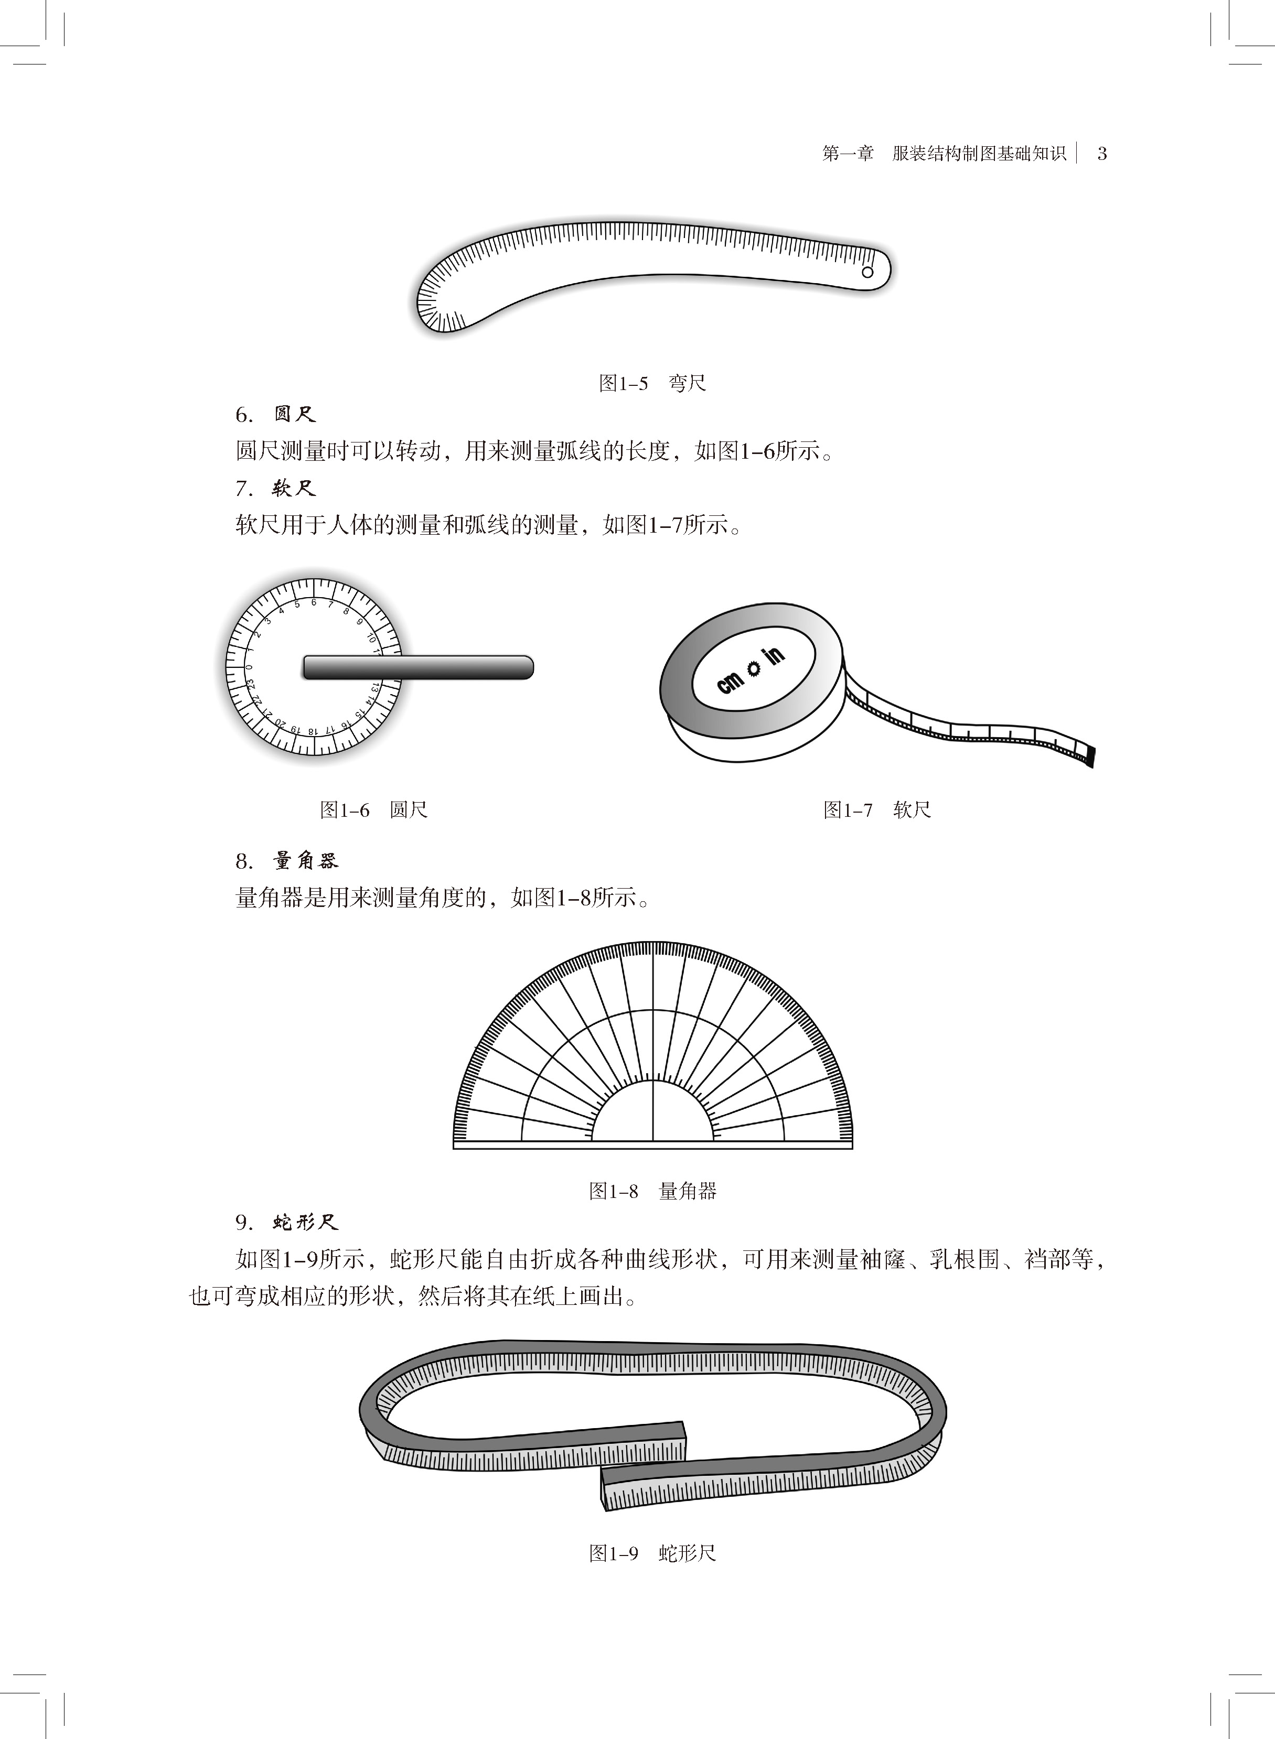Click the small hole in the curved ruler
(867, 272)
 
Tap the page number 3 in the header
(1102, 154)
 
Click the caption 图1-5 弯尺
(652, 383)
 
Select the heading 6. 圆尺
(275, 415)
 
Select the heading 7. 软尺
(275, 489)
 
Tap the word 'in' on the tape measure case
(774, 656)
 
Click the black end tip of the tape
(1090, 755)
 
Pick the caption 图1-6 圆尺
(373, 810)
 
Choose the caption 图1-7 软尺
(877, 810)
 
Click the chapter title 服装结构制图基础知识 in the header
(979, 154)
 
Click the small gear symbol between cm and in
(752, 668)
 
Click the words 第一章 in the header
(848, 154)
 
